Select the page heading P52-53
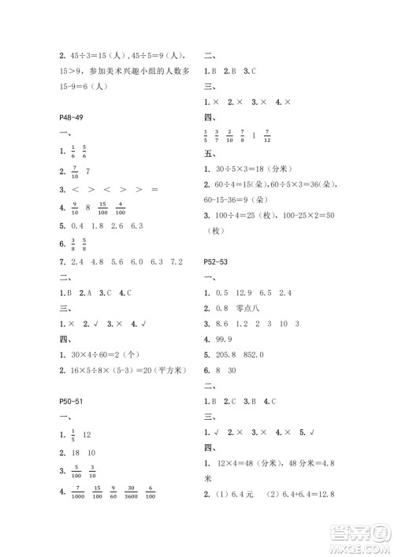point(219,262)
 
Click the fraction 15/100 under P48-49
point(102,209)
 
